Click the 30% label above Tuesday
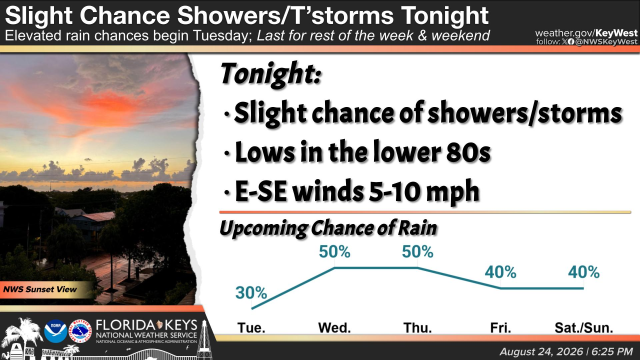click(251, 293)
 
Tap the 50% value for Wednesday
click(334, 252)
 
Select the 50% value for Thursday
click(417, 252)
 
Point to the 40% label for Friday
click(500, 272)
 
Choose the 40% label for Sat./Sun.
click(584, 272)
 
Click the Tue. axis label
click(251, 328)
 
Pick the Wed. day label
click(334, 328)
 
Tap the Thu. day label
click(418, 328)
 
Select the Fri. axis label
click(500, 328)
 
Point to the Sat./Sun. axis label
click(584, 328)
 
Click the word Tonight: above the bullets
click(271, 74)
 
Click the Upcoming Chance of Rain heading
click(328, 228)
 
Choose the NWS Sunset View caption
click(40, 289)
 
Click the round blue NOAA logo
click(55, 331)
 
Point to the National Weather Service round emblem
click(80, 331)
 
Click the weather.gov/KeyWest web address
click(586, 33)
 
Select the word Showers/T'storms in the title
click(285, 16)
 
